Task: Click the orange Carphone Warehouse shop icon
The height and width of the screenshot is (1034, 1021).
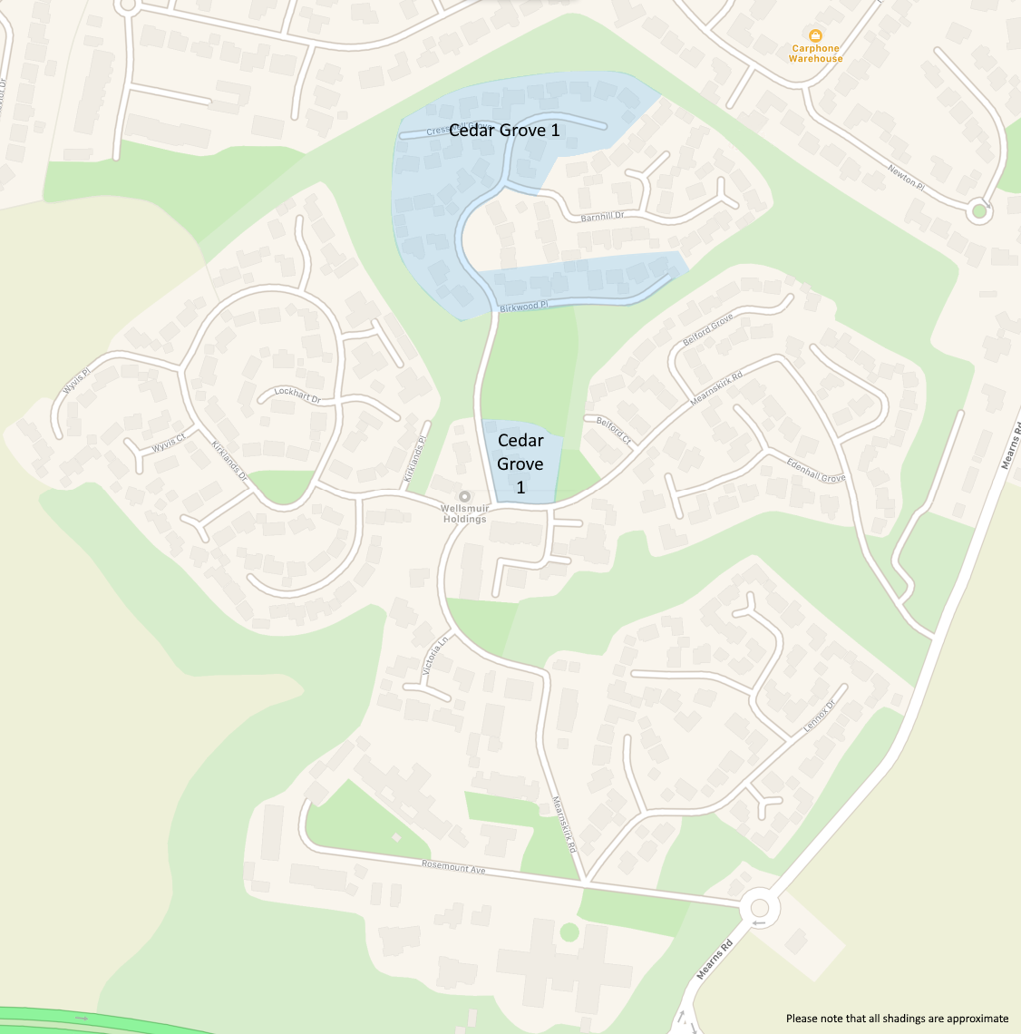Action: point(815,35)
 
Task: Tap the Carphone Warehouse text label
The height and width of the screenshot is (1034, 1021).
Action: point(815,54)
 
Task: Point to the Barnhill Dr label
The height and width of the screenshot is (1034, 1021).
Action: point(603,217)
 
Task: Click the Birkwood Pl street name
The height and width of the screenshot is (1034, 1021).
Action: point(524,307)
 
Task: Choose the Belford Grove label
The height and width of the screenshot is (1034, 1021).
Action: point(707,330)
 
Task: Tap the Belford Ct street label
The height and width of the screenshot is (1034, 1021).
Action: point(614,429)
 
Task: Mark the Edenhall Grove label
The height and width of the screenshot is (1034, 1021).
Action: point(816,471)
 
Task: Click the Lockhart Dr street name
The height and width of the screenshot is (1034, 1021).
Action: point(297,395)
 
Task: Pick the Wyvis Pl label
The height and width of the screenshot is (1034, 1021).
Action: point(77,381)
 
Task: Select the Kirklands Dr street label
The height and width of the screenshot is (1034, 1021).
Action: point(229,460)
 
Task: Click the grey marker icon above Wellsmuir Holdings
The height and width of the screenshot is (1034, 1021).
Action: point(464,496)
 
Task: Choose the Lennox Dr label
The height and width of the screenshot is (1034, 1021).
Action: point(819,717)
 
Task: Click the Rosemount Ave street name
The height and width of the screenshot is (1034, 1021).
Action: point(453,867)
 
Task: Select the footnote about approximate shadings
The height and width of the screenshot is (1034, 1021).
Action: point(897,1019)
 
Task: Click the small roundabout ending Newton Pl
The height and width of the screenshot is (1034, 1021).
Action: point(977,212)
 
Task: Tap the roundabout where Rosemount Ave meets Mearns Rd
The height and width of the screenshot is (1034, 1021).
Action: point(758,907)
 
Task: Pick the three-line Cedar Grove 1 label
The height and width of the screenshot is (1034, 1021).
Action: point(520,463)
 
